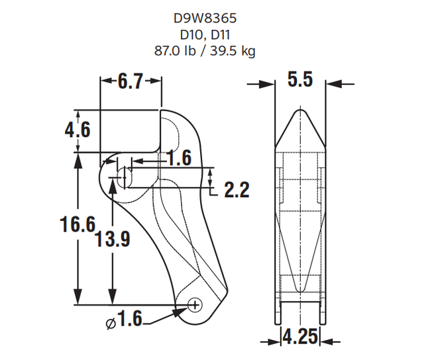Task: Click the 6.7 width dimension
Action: (131, 82)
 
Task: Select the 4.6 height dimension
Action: (78, 130)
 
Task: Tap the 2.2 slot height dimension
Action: (236, 191)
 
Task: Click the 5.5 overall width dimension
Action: (299, 81)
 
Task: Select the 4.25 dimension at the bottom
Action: (300, 337)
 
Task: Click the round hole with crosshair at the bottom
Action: (194, 304)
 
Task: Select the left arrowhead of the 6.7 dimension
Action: (104, 82)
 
